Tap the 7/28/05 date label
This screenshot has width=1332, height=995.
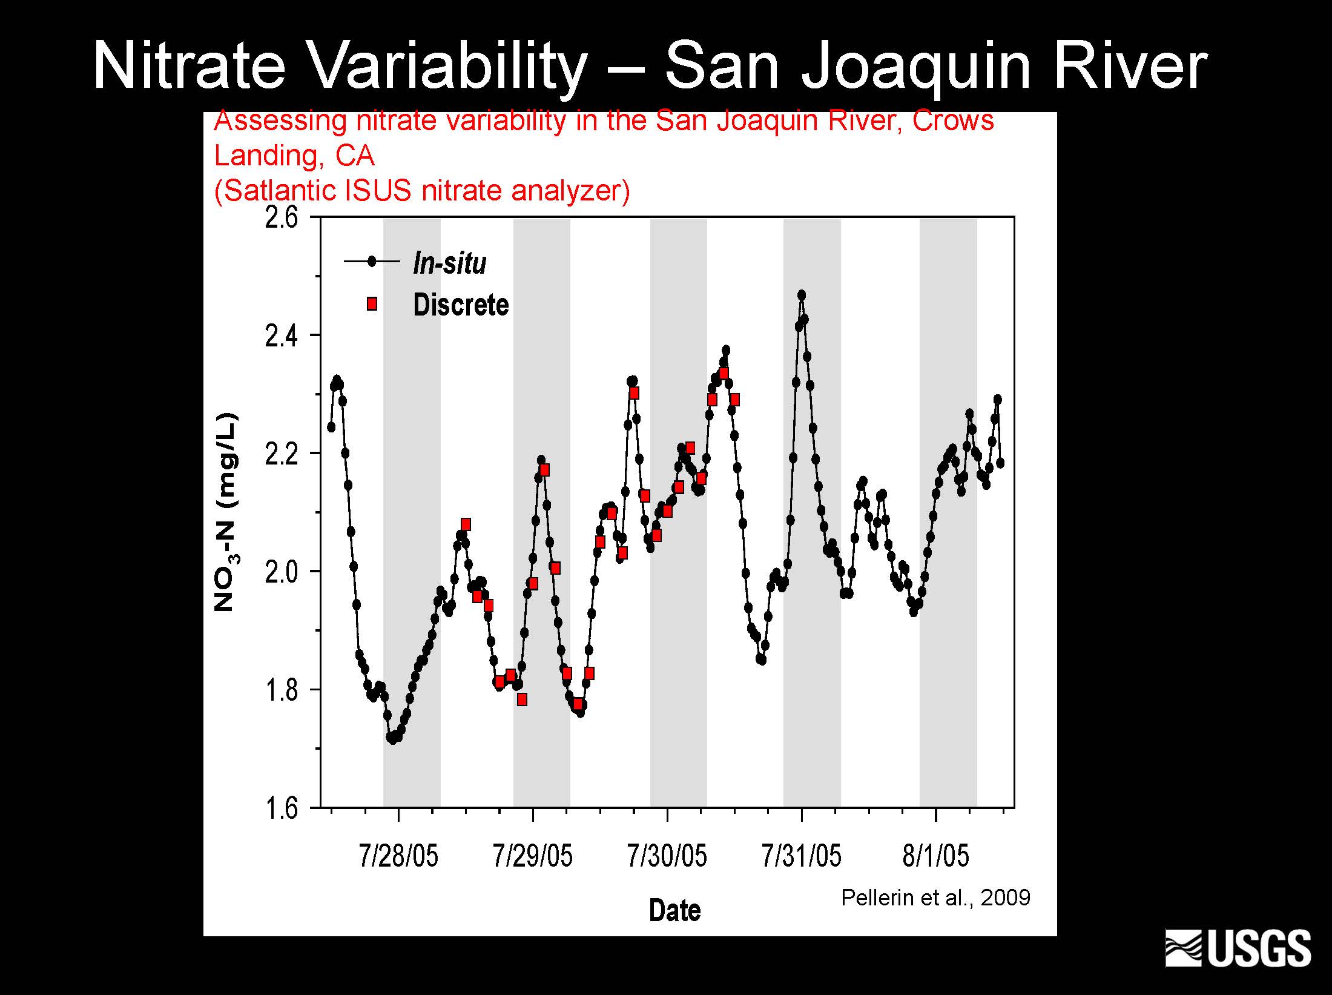click(398, 856)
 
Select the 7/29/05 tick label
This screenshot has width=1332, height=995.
click(533, 856)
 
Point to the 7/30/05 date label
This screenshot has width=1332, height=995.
click(667, 856)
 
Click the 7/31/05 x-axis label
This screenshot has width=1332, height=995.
click(802, 856)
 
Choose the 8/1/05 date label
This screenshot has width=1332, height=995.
click(935, 856)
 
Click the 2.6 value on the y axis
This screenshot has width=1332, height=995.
click(282, 218)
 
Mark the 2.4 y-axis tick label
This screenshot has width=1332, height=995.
click(282, 336)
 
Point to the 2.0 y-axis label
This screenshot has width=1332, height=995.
click(282, 572)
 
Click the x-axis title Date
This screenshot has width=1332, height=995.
click(674, 911)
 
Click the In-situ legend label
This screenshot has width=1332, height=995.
click(449, 263)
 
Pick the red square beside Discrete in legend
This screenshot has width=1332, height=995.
click(372, 304)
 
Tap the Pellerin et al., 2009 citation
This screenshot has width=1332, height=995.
click(935, 897)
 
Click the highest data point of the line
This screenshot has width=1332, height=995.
click(802, 295)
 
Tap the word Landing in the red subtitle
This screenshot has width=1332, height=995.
click(264, 156)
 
